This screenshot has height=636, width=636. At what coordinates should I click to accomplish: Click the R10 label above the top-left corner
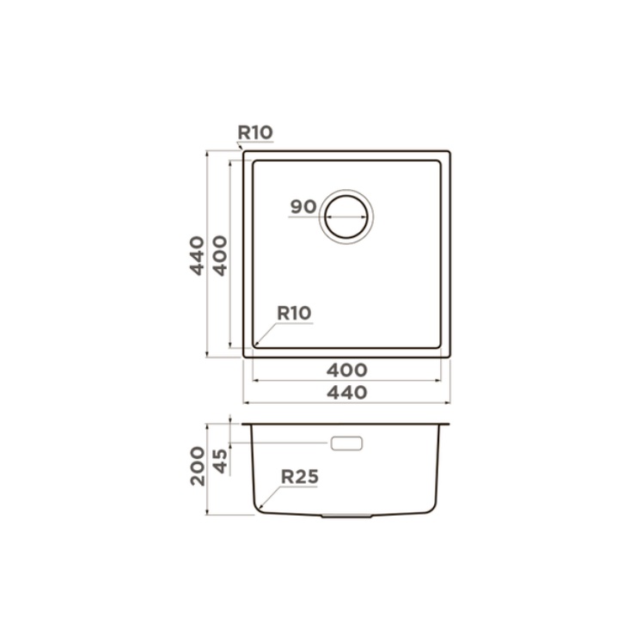tap(255, 132)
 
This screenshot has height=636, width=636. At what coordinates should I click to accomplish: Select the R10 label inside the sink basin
tap(294, 313)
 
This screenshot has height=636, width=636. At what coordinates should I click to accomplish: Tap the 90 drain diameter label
tap(303, 207)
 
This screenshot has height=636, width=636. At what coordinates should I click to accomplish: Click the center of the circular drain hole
tap(346, 217)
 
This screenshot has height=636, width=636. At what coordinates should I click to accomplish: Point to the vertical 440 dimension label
tap(197, 256)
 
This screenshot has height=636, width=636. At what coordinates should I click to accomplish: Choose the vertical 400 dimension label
tap(220, 256)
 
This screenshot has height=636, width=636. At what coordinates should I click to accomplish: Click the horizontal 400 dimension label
tap(347, 370)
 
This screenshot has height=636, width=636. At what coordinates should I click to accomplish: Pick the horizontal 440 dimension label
tap(347, 393)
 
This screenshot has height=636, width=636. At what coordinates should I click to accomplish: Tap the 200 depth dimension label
tap(198, 466)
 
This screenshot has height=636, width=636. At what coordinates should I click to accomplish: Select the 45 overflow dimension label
tap(221, 462)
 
